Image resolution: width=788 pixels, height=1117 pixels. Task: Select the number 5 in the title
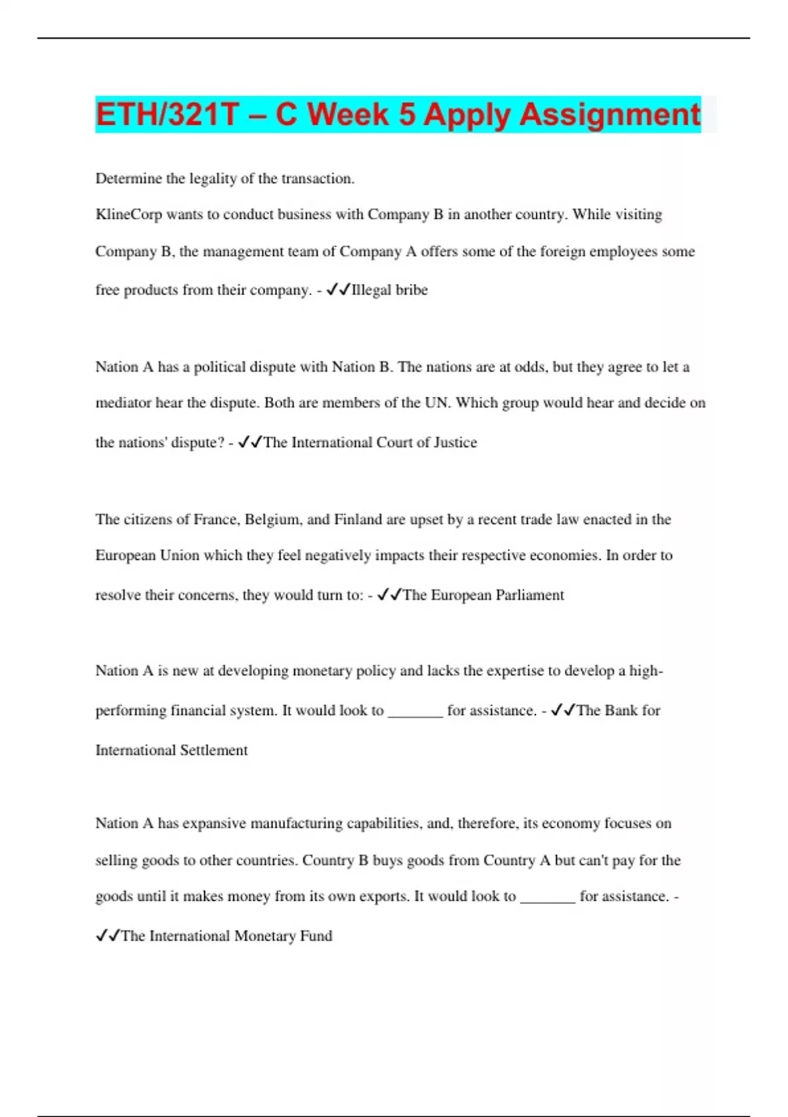pos(407,115)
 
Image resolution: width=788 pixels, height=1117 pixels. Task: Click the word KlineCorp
pos(129,215)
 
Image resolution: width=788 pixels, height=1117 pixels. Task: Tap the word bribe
pos(412,290)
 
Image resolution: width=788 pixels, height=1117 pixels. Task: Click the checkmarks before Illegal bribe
pos(338,290)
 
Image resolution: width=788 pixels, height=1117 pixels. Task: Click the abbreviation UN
pos(437,403)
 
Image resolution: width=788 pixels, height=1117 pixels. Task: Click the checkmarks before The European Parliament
pos(389,595)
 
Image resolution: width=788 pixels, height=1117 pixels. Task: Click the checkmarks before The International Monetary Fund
pos(108,936)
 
